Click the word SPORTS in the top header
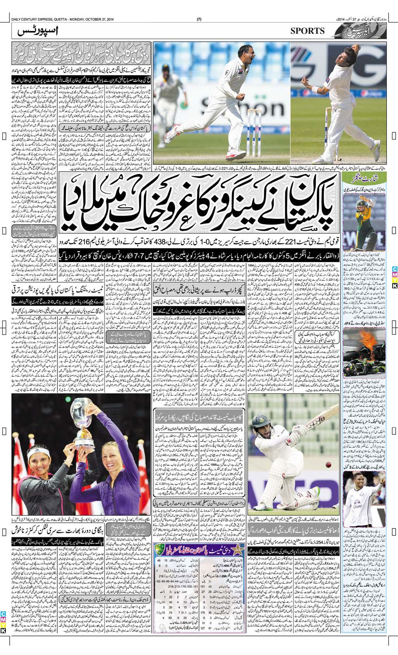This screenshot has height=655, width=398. click(307, 31)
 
